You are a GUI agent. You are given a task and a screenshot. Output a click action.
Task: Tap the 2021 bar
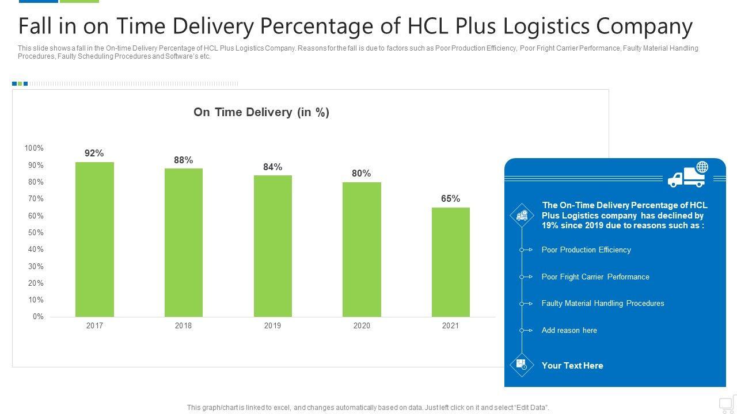[x=450, y=262]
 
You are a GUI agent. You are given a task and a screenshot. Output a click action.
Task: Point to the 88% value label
[x=183, y=160]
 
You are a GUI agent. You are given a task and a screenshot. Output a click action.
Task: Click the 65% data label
[x=450, y=199]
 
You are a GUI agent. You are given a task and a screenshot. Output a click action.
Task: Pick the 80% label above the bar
[x=361, y=174]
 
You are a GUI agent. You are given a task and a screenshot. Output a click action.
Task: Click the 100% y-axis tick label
[x=34, y=148]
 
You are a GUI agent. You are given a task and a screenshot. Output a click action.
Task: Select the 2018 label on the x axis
[x=183, y=326]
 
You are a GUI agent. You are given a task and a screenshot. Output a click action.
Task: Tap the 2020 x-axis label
[x=362, y=326]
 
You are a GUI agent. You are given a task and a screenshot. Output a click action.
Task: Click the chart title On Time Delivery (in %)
[x=261, y=113]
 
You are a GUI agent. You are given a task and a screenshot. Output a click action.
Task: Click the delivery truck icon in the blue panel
[x=685, y=179]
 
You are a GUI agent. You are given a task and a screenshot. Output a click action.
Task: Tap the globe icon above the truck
[x=702, y=167]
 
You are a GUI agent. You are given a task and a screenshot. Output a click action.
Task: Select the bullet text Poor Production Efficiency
[x=586, y=250]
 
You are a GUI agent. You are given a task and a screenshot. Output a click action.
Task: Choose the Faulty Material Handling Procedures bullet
[x=603, y=304]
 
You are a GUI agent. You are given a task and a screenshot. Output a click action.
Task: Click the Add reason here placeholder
[x=569, y=331]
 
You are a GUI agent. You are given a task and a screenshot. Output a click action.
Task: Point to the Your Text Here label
[x=572, y=366]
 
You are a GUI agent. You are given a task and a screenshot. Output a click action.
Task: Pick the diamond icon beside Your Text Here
[x=522, y=365]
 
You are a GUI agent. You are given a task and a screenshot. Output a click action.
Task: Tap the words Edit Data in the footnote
[x=530, y=408]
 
